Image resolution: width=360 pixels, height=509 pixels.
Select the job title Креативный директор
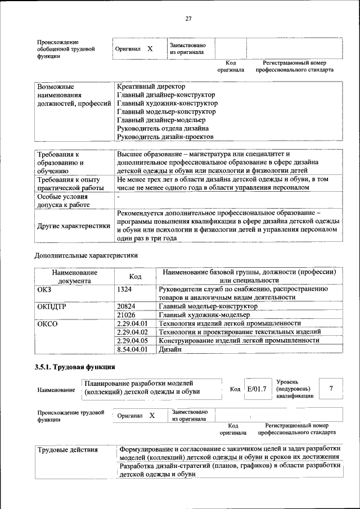coord(151,87)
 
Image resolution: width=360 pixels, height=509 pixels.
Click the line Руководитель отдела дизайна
coord(159,128)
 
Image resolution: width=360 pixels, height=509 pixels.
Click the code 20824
coord(127,306)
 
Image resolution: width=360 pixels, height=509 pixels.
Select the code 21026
coord(127,314)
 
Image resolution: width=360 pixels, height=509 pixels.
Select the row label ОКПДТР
coord(52,306)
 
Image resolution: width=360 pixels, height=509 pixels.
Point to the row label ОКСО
coord(47,323)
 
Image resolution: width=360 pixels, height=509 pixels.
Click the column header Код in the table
coord(135,276)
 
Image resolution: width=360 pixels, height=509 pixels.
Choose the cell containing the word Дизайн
coord(170,349)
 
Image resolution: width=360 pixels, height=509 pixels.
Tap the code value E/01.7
coord(256,389)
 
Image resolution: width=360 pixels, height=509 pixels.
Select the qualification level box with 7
coord(331,389)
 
